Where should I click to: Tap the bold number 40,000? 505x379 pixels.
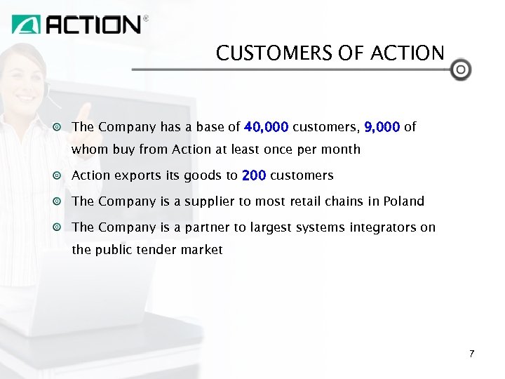266,127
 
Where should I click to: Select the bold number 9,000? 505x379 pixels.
382,127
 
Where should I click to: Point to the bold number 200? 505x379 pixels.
253,175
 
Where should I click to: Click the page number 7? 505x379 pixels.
472,353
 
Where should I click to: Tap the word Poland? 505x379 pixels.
403,201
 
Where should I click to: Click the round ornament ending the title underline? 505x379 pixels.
460,69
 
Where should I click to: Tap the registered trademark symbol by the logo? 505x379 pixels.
146,19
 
